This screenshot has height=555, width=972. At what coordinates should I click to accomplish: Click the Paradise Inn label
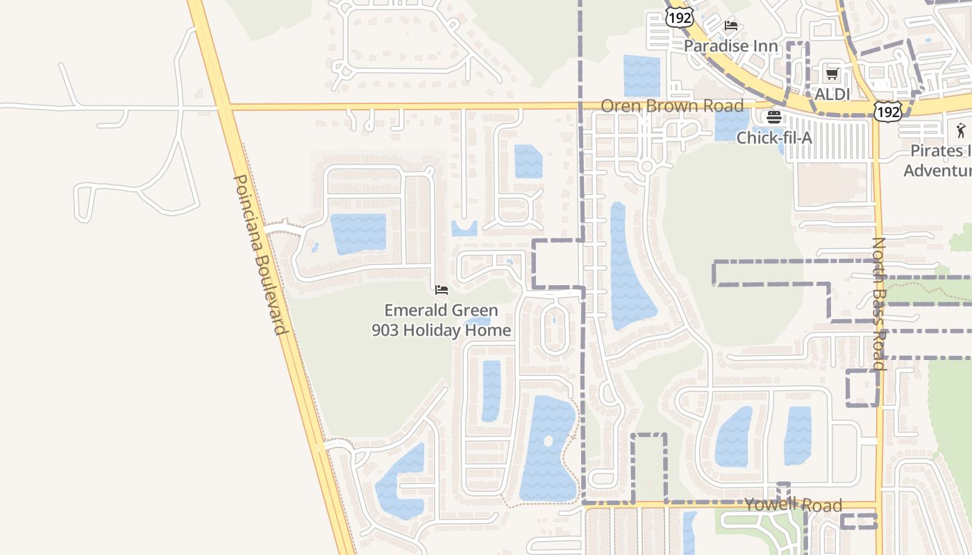[730, 46]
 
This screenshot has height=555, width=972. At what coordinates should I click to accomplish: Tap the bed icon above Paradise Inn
[730, 26]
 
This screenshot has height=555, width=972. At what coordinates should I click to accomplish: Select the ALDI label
[832, 94]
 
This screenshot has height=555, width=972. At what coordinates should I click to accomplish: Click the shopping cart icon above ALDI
[832, 74]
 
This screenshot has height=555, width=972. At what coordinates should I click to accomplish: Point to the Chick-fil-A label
[773, 137]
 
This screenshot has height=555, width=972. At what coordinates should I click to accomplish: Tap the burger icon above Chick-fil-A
[774, 117]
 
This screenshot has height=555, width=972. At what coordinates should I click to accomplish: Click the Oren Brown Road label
[671, 106]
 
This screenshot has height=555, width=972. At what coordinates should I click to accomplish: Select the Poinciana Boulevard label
[260, 254]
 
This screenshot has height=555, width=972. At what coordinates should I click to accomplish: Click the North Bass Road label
[878, 303]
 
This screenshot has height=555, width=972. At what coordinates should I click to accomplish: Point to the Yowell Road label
[793, 505]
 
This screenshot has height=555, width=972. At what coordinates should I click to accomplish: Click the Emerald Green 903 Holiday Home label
[442, 321]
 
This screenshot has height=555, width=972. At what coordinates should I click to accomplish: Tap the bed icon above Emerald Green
[442, 290]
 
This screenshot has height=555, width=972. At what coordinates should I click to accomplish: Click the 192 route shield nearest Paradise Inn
[678, 17]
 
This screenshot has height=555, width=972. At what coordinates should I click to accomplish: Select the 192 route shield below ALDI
[888, 110]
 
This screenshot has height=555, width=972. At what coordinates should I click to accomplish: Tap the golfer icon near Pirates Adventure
[961, 130]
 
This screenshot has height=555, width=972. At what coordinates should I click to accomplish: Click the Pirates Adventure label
[937, 160]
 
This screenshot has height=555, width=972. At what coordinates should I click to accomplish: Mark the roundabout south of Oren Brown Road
[647, 166]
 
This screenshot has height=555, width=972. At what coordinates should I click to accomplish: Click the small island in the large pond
[548, 441]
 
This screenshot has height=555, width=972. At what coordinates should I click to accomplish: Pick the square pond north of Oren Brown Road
[642, 76]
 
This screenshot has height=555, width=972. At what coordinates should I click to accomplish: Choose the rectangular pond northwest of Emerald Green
[358, 233]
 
